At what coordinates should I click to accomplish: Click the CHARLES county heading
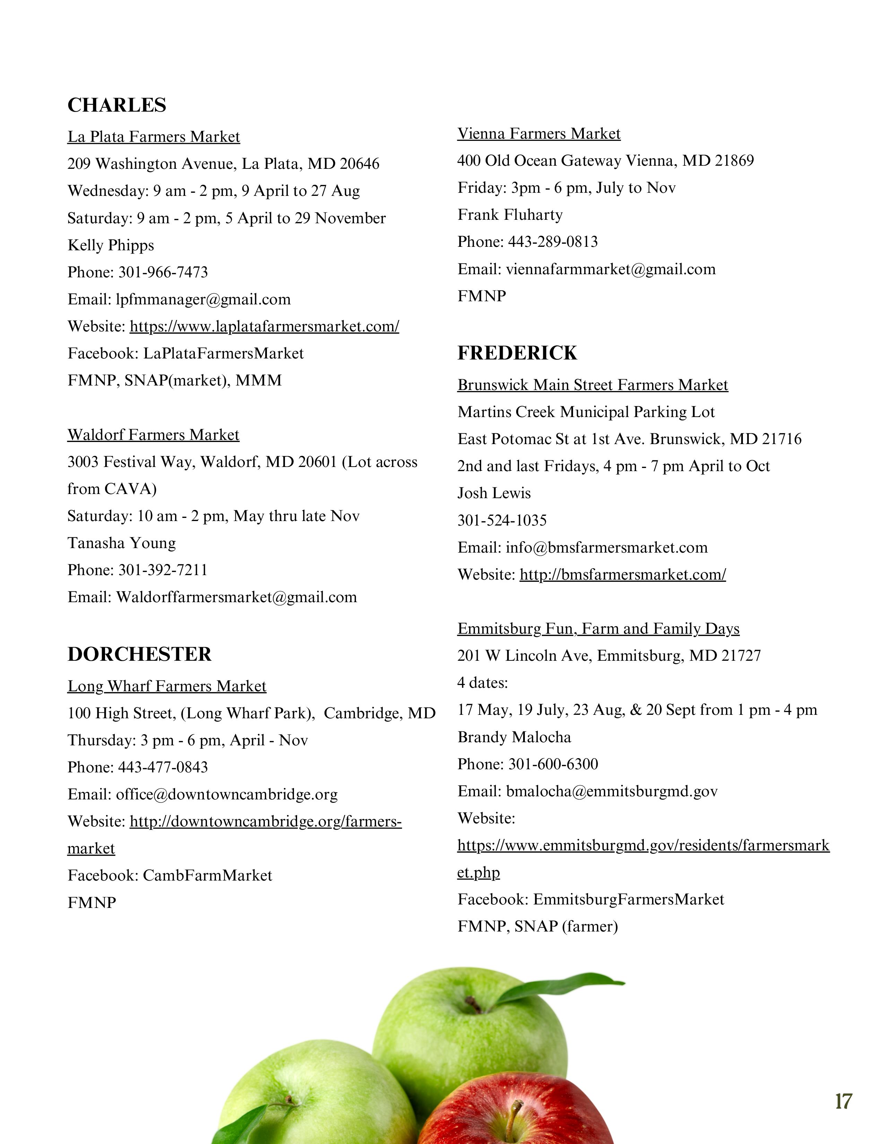[x=117, y=105]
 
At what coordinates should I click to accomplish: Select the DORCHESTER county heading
[x=139, y=654]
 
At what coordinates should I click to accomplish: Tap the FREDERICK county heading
[x=517, y=353]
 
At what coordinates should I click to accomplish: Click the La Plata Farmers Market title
[x=154, y=137]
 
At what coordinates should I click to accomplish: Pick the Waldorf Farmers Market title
[x=153, y=435]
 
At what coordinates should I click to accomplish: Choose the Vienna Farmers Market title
[x=539, y=133]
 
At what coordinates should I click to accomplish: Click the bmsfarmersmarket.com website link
[x=623, y=575]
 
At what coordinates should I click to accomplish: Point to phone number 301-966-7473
[x=163, y=272]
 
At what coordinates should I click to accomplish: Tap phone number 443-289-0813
[x=553, y=242]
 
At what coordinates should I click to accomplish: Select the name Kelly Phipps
[x=111, y=245]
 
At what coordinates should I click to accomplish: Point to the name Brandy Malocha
[x=514, y=737]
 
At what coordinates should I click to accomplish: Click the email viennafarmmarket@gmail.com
[x=610, y=269]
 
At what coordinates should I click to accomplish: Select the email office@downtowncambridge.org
[x=227, y=795]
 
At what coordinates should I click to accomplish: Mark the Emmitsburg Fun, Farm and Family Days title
[x=598, y=629]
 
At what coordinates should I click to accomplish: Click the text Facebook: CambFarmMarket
[x=170, y=875]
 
